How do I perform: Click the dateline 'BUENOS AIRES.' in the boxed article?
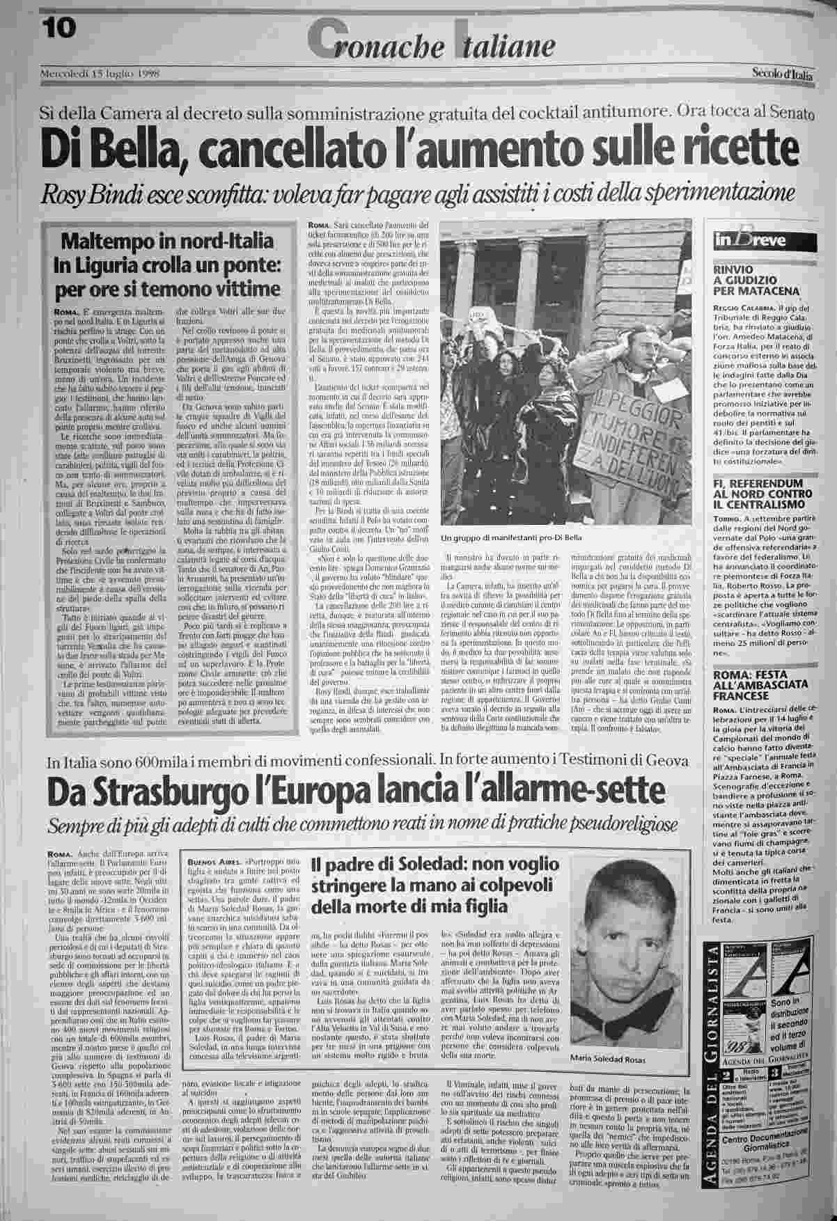coord(206,861)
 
